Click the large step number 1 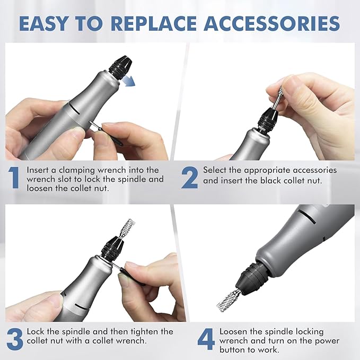[x=14, y=178]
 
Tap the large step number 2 [x=190, y=178]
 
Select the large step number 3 [x=14, y=340]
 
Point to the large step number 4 [x=206, y=340]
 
